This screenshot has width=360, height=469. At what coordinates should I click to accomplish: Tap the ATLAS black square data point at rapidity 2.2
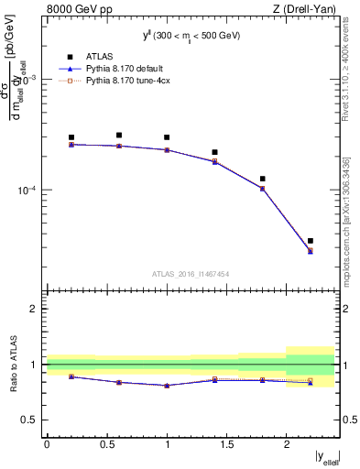(311, 241)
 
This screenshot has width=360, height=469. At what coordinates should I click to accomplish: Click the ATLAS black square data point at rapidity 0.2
(71, 137)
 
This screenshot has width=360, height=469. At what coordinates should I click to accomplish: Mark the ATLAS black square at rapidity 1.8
(263, 180)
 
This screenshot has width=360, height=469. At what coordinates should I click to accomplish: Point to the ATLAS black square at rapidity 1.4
(214, 152)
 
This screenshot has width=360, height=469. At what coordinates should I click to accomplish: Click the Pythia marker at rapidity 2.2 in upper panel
(311, 251)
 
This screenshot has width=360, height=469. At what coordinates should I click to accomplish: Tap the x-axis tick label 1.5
(226, 444)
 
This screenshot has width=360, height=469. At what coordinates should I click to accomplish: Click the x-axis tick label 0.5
(106, 444)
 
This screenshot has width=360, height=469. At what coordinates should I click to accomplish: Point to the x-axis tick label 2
(286, 444)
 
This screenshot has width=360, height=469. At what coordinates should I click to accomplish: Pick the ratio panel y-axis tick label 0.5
(30, 420)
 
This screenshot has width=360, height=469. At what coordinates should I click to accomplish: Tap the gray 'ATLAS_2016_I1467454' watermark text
(191, 274)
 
